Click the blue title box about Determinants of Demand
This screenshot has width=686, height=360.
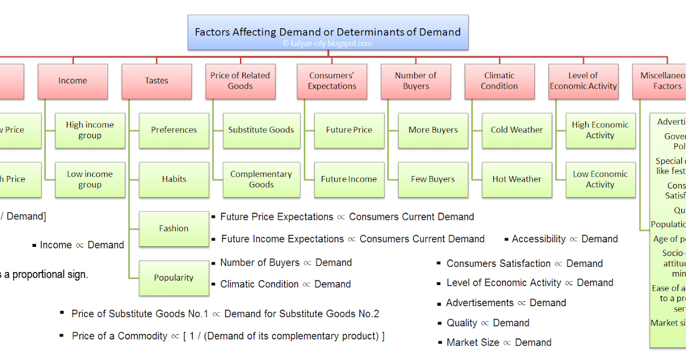(328, 32)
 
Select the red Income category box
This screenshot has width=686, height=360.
(73, 81)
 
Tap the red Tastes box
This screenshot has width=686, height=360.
(157, 81)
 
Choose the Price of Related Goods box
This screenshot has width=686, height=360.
(240, 81)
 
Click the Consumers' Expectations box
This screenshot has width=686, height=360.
(332, 81)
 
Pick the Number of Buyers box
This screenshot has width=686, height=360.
(416, 81)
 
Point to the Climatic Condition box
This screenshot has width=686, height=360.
(500, 81)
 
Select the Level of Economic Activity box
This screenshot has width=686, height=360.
(583, 81)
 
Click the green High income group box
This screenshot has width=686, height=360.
(90, 130)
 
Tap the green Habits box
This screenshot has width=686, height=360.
(174, 179)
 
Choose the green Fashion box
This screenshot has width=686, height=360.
(174, 229)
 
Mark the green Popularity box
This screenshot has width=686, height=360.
(174, 278)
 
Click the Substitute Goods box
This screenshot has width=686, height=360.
(261, 130)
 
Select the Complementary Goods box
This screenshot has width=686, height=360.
(261, 179)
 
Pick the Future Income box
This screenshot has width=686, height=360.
(349, 179)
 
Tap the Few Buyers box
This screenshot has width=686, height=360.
(433, 179)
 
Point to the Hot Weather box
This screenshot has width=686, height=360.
(517, 179)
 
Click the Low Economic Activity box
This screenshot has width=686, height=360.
(600, 179)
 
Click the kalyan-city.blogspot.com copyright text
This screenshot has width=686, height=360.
(328, 44)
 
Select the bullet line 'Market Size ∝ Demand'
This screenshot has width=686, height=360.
(499, 343)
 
